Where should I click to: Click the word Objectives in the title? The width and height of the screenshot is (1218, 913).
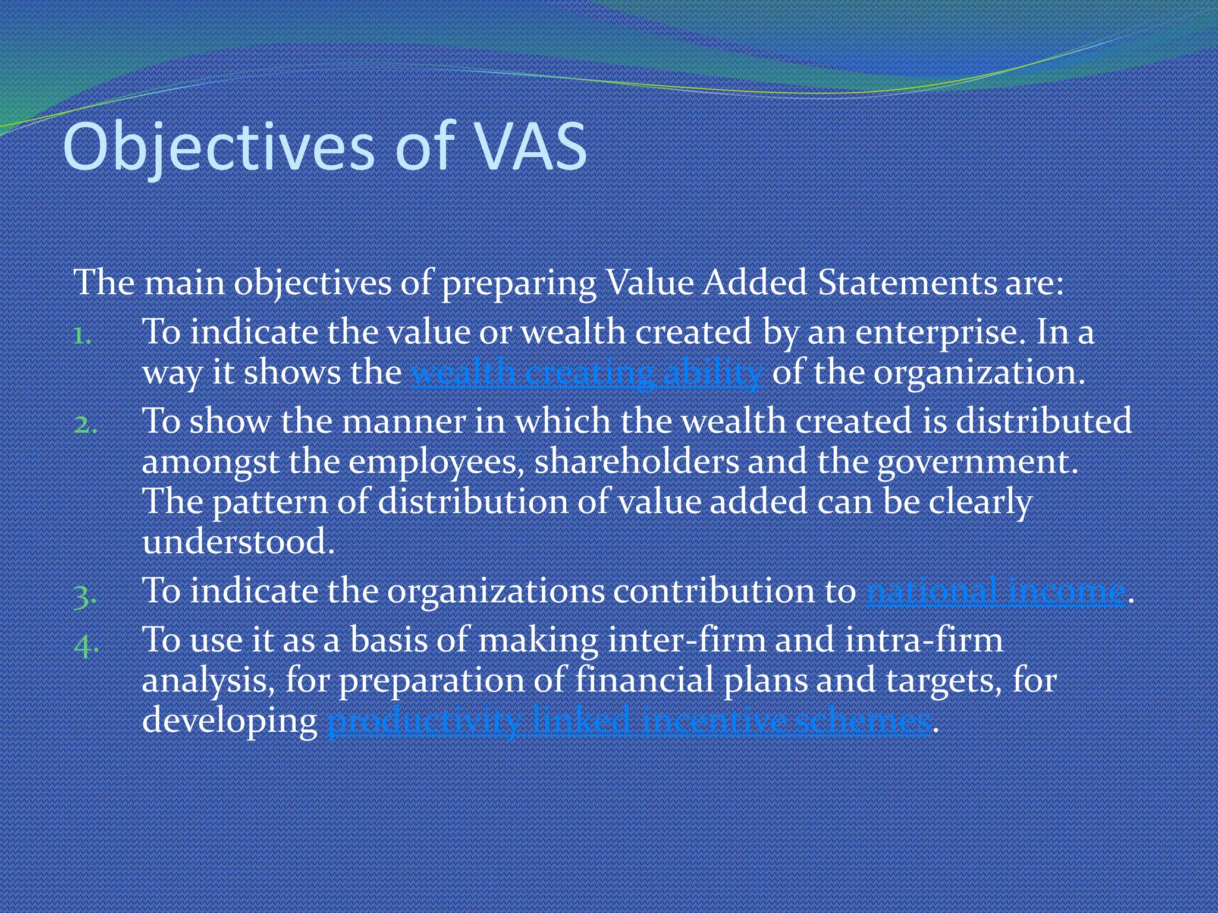coord(218,147)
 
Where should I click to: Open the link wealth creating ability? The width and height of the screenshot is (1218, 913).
coord(586,373)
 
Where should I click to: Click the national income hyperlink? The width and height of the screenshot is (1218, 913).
coord(996,591)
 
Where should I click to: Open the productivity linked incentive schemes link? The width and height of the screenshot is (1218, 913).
coord(629,721)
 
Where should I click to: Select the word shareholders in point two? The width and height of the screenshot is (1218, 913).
coord(636,462)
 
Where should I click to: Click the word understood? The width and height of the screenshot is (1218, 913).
coord(238,541)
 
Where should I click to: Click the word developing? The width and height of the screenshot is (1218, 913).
coord(230,721)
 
